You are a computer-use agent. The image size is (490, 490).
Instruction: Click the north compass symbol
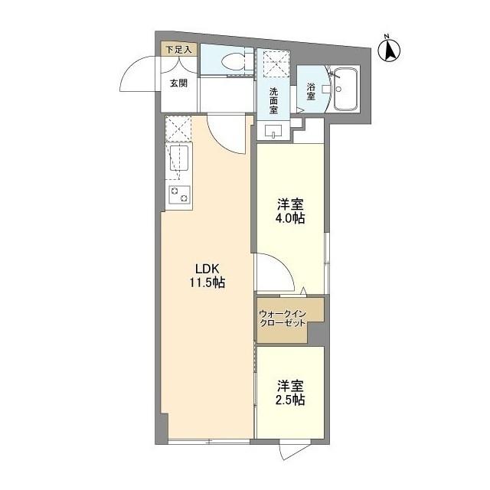point(390,49)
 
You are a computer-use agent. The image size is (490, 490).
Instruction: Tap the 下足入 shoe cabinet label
point(181,49)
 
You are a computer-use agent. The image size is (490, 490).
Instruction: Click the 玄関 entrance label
point(178,83)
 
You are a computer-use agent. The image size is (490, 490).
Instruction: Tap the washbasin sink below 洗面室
point(273,132)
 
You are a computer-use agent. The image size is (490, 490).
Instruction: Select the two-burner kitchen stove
point(178,194)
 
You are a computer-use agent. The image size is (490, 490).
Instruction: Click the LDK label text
point(207,269)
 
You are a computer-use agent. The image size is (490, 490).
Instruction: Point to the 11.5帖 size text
point(207,283)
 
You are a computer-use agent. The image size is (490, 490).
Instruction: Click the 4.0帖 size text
point(291,219)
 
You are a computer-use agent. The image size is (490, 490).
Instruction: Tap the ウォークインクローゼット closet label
point(283,318)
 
